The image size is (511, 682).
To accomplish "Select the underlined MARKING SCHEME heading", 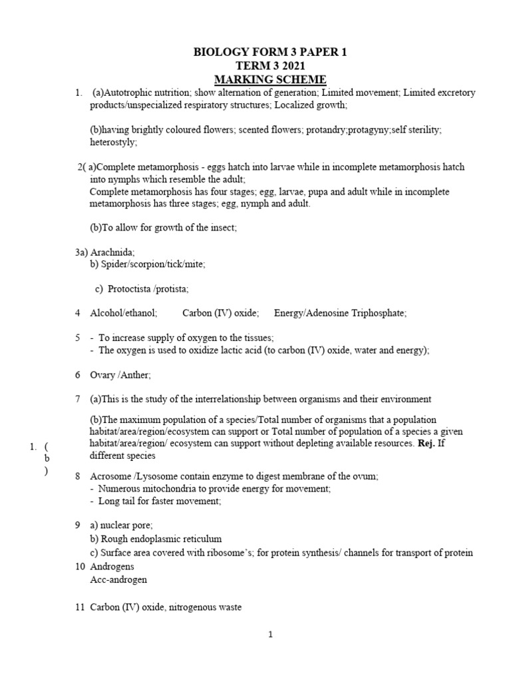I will (269, 79).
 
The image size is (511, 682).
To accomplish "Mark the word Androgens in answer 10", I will (112, 566).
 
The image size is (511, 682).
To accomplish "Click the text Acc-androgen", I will (118, 579).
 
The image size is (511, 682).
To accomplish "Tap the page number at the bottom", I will (271, 635).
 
